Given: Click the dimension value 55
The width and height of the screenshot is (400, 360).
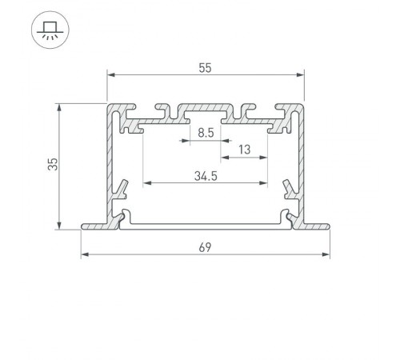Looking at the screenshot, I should click(206, 69).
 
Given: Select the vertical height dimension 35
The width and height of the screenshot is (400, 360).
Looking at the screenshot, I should click(52, 165).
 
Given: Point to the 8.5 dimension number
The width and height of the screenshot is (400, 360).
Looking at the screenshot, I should click(206, 134).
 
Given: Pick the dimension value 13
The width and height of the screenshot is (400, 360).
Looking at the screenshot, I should click(244, 149).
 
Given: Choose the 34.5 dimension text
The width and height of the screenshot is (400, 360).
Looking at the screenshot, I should click(206, 175).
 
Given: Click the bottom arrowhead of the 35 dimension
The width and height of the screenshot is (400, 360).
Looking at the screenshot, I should click(60, 227).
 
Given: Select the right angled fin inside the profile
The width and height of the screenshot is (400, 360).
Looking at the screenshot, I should click(289, 190).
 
